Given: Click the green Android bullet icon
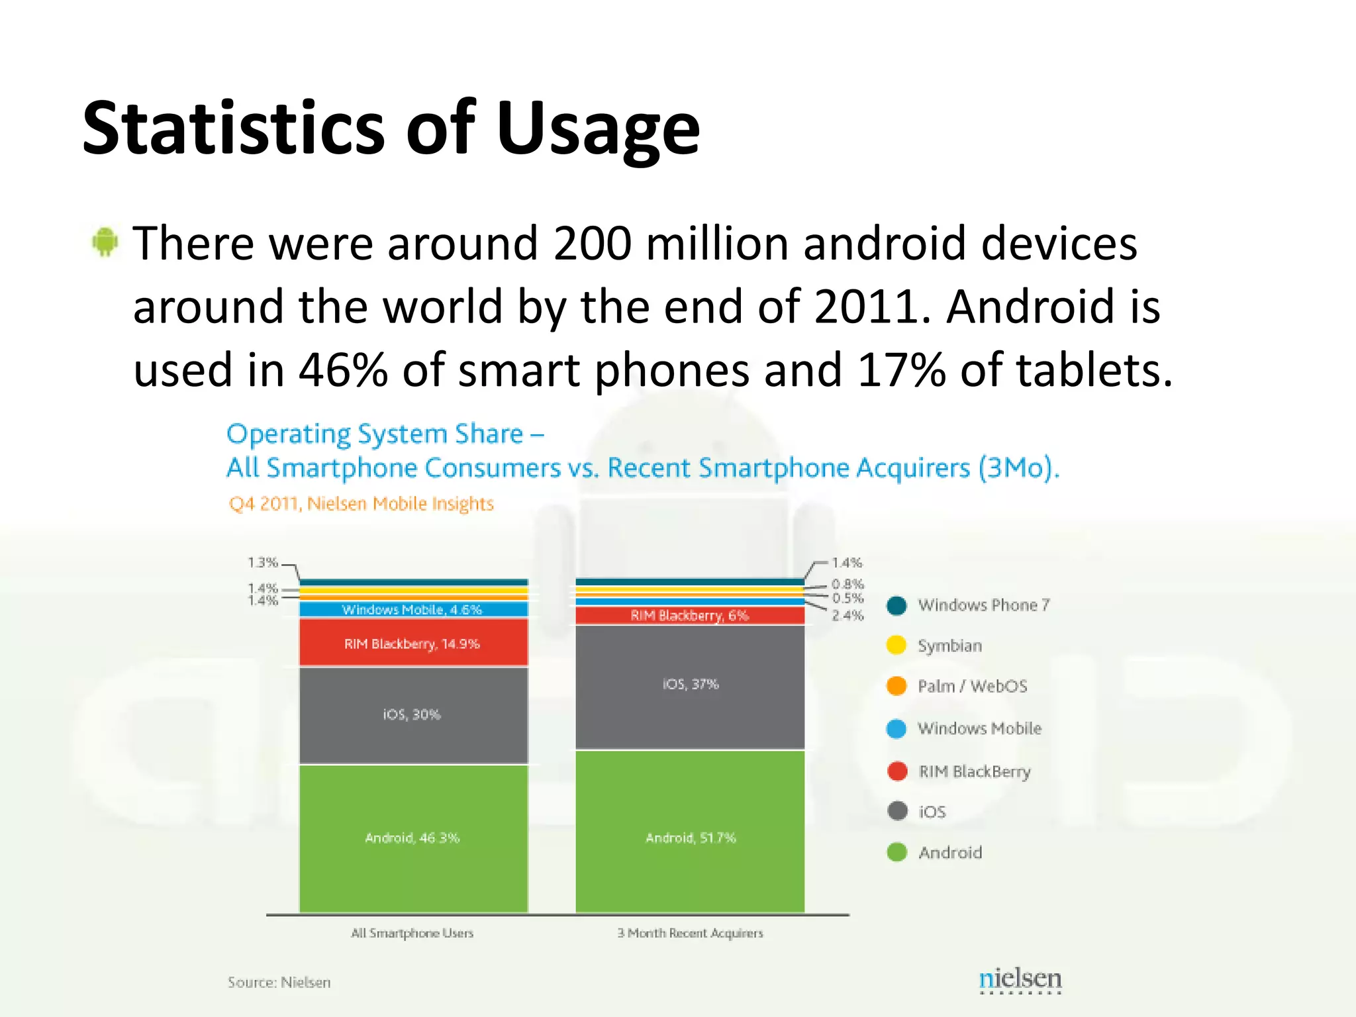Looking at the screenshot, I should [x=105, y=242].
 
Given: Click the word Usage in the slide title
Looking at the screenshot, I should [x=597, y=129].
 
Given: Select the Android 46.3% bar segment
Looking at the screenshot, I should [x=413, y=838].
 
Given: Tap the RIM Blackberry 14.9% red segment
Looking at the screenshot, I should [x=413, y=643].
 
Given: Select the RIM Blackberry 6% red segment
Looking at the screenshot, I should [x=690, y=616].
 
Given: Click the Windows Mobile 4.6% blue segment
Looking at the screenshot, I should [x=413, y=609].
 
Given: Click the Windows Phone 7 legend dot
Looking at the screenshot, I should [x=896, y=605].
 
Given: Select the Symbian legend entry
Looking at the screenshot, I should [x=948, y=646].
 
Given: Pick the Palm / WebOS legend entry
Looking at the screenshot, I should [x=971, y=687].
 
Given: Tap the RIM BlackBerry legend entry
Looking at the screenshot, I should [x=973, y=772].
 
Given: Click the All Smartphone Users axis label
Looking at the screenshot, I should [x=412, y=933].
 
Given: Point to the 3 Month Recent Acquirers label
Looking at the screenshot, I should [x=690, y=933].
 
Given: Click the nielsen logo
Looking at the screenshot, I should [x=1020, y=979].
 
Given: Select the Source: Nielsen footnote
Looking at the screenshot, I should [x=279, y=983].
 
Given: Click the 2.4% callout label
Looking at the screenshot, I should [x=847, y=616].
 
